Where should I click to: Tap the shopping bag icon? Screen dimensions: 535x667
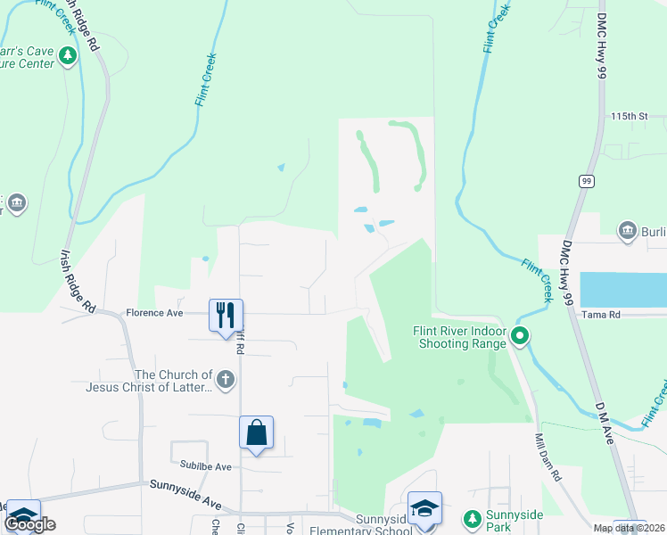click(x=256, y=433)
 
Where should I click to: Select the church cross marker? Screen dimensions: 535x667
click(x=226, y=381)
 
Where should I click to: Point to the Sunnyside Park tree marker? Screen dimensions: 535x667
click(x=472, y=517)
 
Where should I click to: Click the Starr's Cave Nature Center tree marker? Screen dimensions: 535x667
click(x=68, y=56)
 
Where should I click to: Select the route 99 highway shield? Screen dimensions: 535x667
click(x=586, y=181)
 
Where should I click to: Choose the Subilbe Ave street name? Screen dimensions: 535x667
click(x=205, y=466)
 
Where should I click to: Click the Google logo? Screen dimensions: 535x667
click(x=29, y=524)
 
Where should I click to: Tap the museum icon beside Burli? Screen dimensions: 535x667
click(x=628, y=230)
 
